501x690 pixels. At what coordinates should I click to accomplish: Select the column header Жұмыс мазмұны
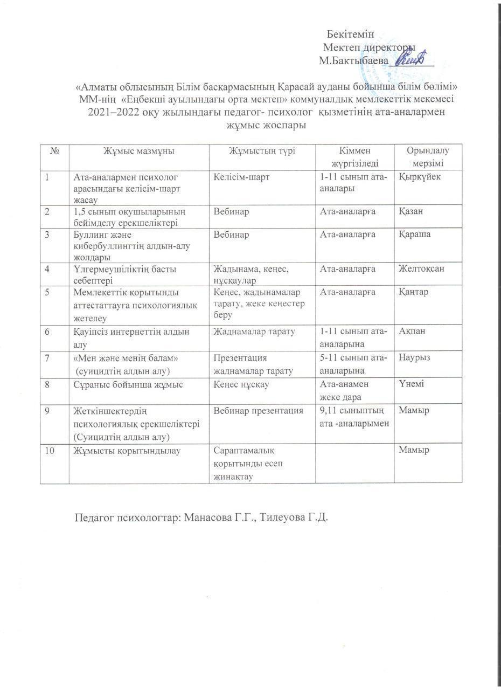click(x=138, y=151)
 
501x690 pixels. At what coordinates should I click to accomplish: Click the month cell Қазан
click(x=411, y=211)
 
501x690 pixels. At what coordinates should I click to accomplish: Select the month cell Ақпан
click(x=412, y=330)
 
